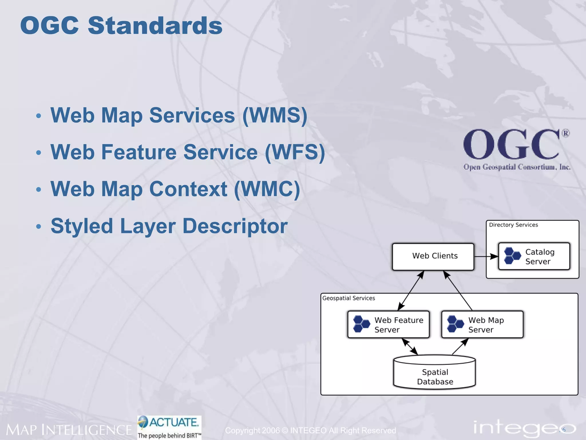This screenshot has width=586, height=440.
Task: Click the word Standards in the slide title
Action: tap(155, 26)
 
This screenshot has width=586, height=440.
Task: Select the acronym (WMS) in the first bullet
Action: tap(275, 115)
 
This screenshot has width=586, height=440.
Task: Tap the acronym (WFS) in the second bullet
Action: tap(295, 152)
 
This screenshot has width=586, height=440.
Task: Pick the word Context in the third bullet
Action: tap(188, 189)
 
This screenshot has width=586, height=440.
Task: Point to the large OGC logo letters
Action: tap(511, 144)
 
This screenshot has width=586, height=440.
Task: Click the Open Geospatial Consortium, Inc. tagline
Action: tap(517, 167)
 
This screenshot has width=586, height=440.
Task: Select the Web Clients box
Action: tap(433, 256)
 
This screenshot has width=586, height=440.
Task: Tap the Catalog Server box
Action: tap(534, 256)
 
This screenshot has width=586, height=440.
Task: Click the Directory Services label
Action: tap(513, 225)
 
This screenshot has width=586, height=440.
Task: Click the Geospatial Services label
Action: tap(349, 298)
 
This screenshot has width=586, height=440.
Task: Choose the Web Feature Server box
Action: tap(388, 325)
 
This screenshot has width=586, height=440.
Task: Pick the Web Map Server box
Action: tap(482, 325)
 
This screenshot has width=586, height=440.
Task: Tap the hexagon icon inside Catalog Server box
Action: tap(512, 256)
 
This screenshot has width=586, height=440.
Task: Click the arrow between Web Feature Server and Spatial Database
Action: tap(410, 346)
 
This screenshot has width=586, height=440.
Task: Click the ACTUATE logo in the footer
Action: tap(169, 427)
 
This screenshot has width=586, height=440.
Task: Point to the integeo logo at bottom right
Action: tap(524, 428)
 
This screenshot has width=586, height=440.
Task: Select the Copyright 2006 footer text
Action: tap(310, 430)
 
